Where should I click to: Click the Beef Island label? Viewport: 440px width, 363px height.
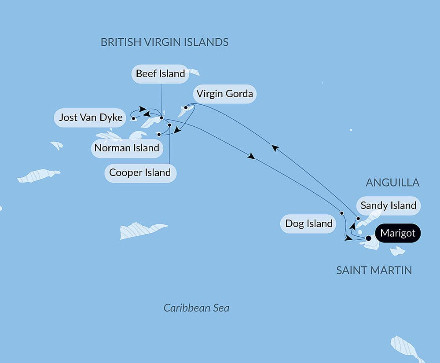click(x=160, y=74)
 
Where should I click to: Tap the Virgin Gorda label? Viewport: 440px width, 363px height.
click(x=224, y=94)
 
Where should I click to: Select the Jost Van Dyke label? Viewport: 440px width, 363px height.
click(x=91, y=117)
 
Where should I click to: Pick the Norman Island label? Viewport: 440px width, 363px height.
click(x=127, y=148)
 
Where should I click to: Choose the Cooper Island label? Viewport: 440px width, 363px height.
click(x=140, y=172)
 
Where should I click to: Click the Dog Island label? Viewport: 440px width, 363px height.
click(x=309, y=224)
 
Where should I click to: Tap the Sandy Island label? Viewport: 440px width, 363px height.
click(x=388, y=205)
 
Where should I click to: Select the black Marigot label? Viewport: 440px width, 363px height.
click(x=398, y=233)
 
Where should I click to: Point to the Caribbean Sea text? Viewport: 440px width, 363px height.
click(x=196, y=308)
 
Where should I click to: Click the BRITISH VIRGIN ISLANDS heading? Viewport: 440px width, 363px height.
click(x=165, y=42)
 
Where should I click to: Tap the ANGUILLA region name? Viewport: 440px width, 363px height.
click(x=392, y=183)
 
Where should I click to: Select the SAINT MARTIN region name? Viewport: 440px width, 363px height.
click(x=374, y=270)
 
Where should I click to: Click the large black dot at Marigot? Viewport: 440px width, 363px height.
click(x=369, y=238)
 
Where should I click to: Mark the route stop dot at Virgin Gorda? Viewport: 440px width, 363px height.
click(x=186, y=107)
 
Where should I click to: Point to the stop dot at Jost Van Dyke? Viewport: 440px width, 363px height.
click(x=133, y=118)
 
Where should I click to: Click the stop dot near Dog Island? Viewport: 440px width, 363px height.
click(x=342, y=213)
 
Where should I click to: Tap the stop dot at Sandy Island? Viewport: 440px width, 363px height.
click(x=358, y=218)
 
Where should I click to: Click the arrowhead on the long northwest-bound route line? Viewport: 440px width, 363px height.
click(x=274, y=148)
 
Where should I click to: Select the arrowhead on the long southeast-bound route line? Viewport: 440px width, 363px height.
click(x=252, y=156)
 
